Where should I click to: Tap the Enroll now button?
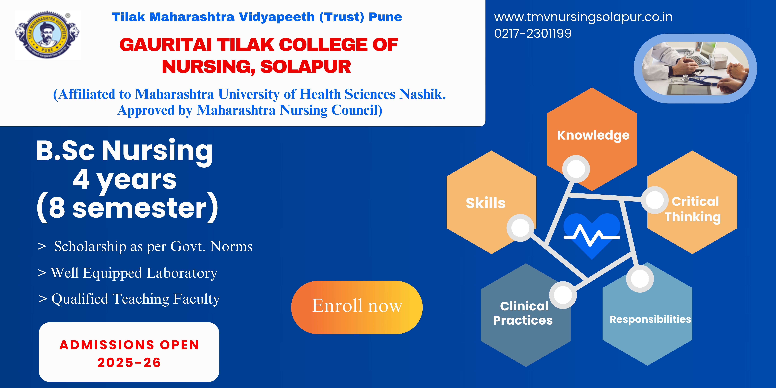click(x=357, y=307)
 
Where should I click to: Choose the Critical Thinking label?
click(x=693, y=209)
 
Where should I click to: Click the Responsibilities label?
click(x=650, y=319)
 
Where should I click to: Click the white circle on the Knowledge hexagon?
click(x=576, y=169)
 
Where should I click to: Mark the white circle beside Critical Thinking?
click(x=654, y=200)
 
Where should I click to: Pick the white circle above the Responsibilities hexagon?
click(x=640, y=279)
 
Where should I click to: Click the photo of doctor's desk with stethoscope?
click(x=695, y=68)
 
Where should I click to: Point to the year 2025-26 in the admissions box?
click(x=129, y=362)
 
